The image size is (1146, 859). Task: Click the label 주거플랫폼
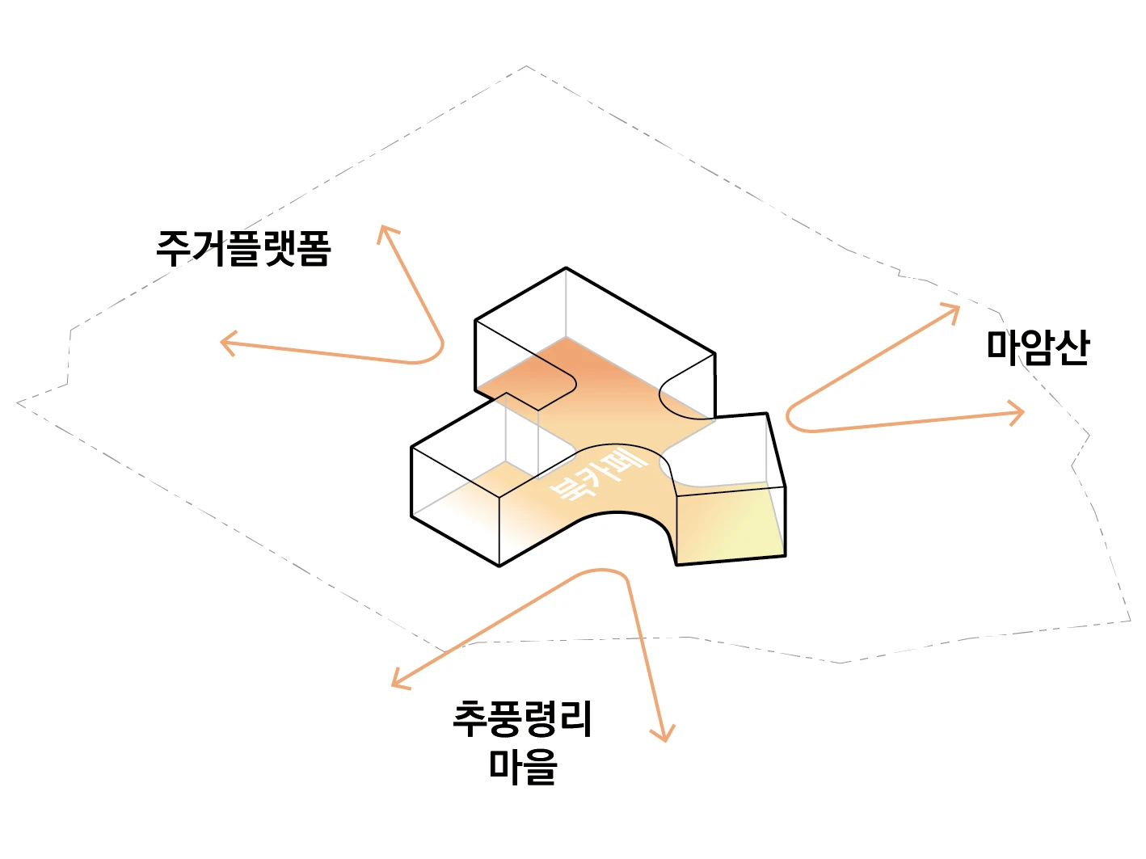243,248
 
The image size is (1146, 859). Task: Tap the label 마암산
1038,347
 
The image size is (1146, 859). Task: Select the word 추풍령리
523,718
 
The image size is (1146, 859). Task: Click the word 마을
523,765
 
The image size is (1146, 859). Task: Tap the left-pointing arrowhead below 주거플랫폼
226,343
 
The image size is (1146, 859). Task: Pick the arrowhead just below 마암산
1018,413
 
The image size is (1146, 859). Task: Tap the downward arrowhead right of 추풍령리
664,735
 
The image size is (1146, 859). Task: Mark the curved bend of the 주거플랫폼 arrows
436,352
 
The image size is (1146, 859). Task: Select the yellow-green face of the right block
731,525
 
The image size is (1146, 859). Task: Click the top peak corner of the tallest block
566,267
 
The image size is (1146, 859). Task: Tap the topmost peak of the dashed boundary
527,66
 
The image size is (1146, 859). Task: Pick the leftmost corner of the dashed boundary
18,402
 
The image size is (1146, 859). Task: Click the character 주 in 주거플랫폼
173,248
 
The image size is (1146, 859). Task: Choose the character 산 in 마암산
1072,347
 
